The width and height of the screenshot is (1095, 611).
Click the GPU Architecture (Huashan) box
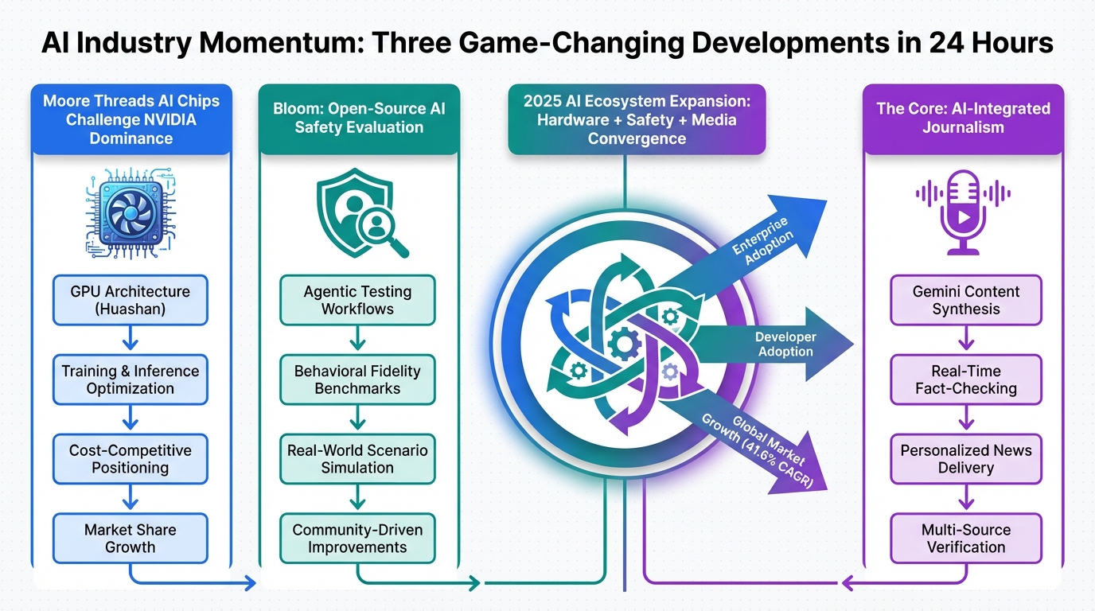(x=131, y=300)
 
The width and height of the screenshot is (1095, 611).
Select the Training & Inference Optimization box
(x=131, y=379)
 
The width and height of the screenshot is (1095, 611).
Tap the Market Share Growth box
(x=131, y=539)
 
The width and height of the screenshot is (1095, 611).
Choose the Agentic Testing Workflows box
(x=357, y=300)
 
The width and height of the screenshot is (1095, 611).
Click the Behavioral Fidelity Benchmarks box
(x=357, y=379)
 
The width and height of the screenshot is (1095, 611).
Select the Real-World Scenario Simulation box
(x=357, y=459)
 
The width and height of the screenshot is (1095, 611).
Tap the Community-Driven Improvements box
(x=357, y=539)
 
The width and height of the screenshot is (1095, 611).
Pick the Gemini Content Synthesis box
(x=966, y=300)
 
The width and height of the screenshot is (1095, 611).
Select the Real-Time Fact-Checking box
(x=966, y=379)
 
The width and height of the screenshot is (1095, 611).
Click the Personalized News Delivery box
(x=966, y=459)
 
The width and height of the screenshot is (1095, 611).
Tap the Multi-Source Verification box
(x=966, y=539)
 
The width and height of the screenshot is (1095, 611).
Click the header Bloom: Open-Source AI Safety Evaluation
(x=359, y=119)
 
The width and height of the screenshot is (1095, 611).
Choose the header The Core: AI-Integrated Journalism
(x=963, y=118)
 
